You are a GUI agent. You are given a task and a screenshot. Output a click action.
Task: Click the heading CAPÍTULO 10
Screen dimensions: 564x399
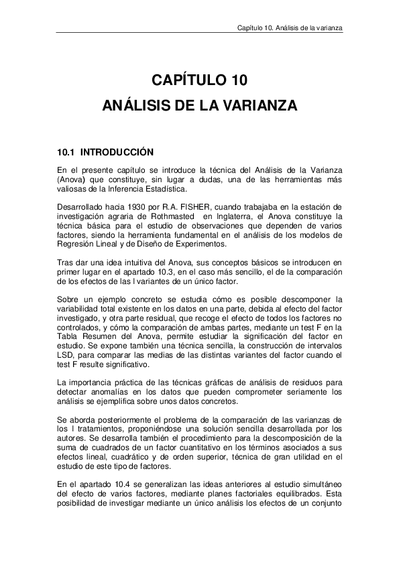pyautogui.click(x=199, y=82)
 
